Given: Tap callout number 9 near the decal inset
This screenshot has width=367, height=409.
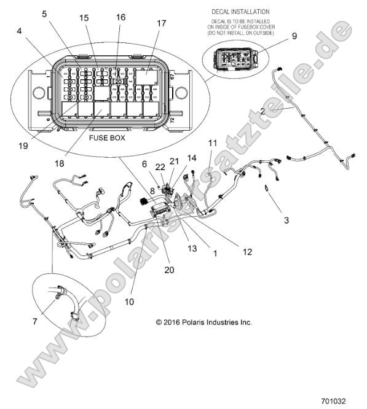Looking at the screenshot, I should [x=294, y=36].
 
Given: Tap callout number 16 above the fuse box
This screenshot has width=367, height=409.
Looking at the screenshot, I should [x=120, y=17].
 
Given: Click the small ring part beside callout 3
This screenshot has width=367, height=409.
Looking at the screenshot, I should [x=268, y=189].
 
